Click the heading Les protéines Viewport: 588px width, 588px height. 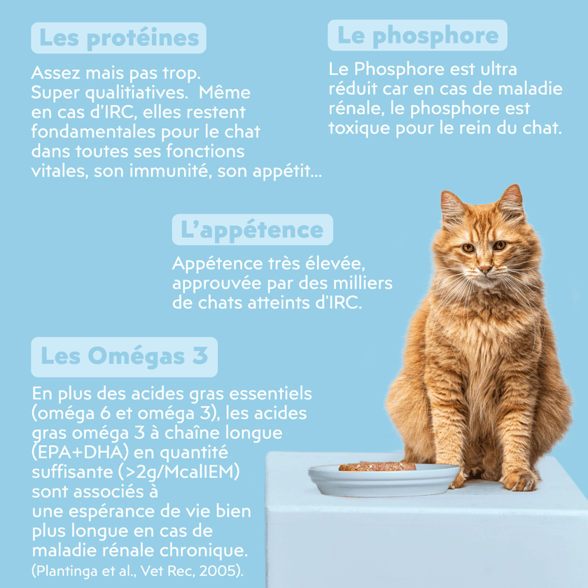tap(118, 38)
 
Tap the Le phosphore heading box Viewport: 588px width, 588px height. tap(417, 35)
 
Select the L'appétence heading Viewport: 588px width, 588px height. tap(253, 230)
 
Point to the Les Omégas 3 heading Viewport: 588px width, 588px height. tap(124, 356)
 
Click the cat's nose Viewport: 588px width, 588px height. tap(484, 269)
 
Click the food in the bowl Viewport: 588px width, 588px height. tap(377, 466)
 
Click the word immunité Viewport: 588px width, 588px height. tap(170, 171)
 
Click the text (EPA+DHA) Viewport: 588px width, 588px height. tap(79, 452)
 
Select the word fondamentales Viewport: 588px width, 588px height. tap(93, 132)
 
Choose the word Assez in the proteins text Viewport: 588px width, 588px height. tap(56, 73)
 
